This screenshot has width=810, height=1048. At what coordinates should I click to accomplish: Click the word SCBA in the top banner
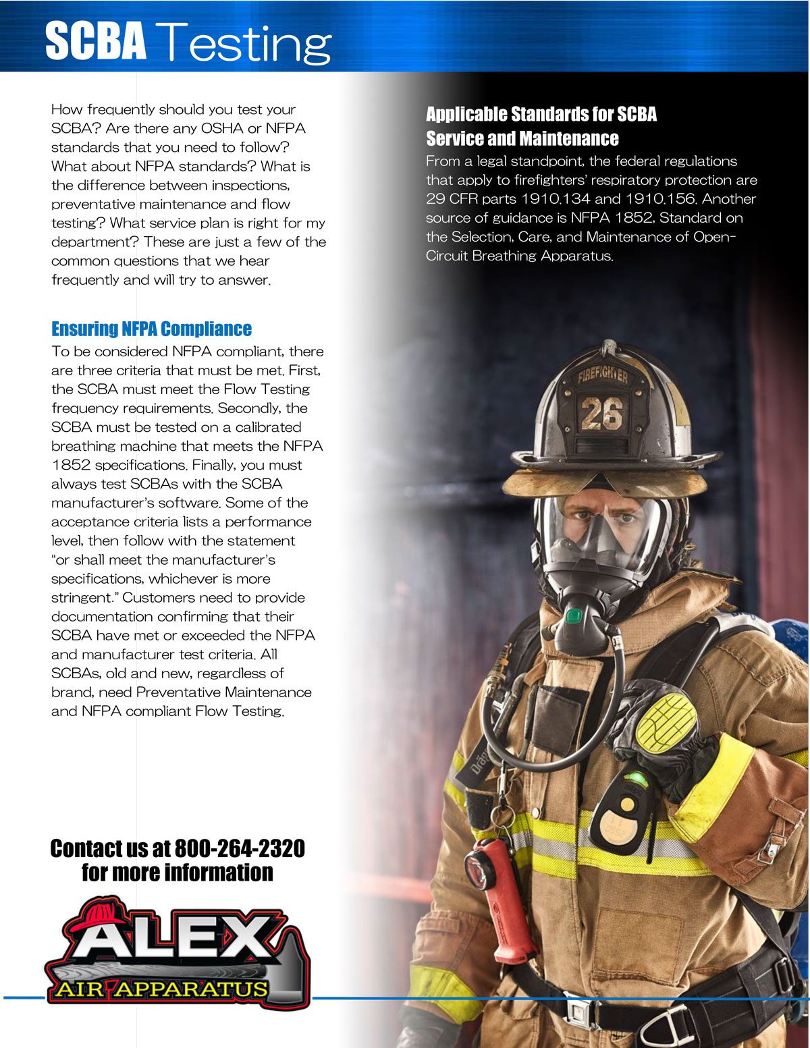(x=96, y=41)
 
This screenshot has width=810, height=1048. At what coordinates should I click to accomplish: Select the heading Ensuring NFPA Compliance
(x=151, y=329)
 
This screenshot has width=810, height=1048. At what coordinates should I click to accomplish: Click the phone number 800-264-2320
(x=240, y=848)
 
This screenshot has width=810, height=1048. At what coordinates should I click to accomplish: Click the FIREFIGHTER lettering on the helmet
(x=603, y=377)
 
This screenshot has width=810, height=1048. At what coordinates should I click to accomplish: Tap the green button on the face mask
(x=574, y=616)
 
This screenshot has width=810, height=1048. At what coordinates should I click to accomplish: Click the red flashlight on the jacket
(x=498, y=898)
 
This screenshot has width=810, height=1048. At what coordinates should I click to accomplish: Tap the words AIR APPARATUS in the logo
(x=162, y=989)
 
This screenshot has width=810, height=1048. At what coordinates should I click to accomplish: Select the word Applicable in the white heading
(x=465, y=114)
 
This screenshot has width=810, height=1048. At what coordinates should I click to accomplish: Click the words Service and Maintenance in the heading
(x=522, y=139)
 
